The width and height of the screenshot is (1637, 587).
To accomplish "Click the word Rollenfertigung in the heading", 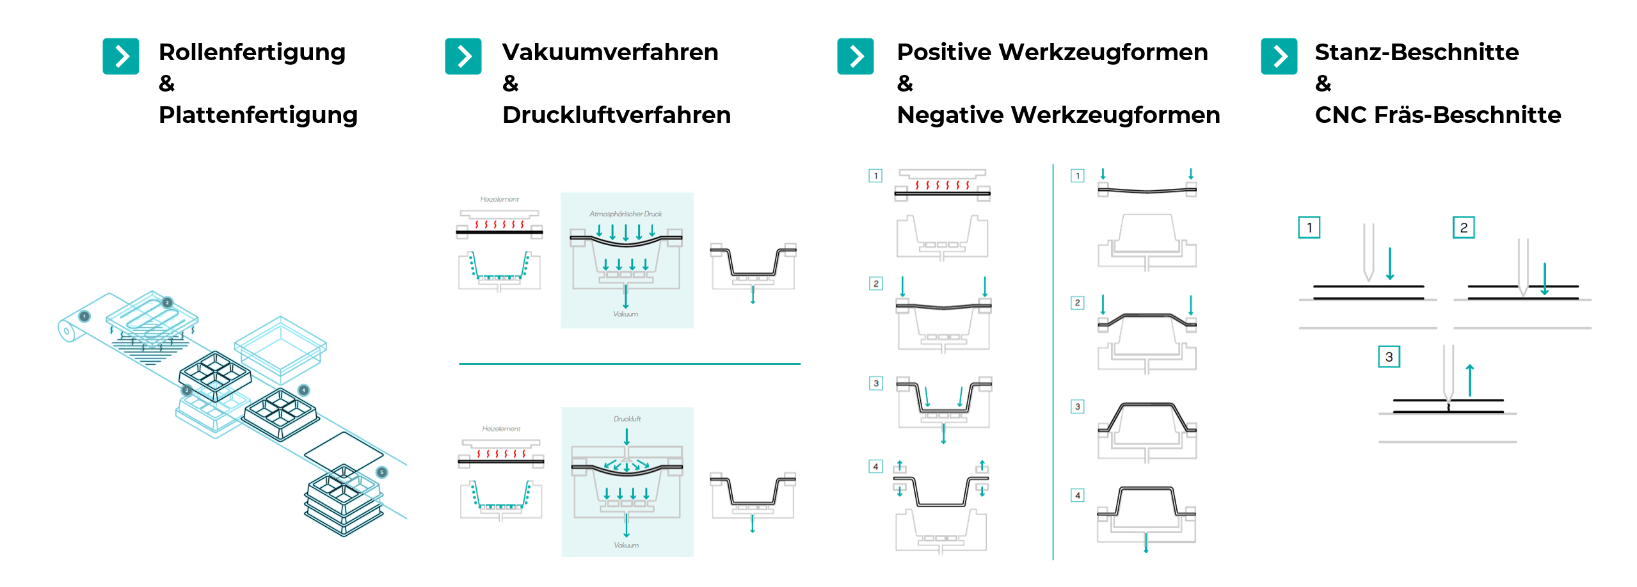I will tap(252, 52).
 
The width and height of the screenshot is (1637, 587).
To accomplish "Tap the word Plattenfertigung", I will tap(258, 115).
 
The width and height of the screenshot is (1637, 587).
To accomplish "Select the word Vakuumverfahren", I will tap(610, 52).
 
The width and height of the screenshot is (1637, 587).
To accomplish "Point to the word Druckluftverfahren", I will tap(616, 115).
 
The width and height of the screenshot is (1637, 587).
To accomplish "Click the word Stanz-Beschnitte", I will tap(1416, 52).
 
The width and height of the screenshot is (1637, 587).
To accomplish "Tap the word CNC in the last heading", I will tap(1341, 115).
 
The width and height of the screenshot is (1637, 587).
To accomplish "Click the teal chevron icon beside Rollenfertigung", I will tap(121, 56).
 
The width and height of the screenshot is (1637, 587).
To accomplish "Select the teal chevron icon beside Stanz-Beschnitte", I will tap(1279, 56).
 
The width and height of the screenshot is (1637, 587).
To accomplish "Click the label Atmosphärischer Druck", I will tap(625, 214).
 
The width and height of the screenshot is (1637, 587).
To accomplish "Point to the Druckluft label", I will tap(627, 419).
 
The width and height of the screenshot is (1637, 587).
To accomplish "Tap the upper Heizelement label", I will tap(500, 199).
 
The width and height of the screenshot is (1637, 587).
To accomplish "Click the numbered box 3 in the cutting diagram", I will tap(1389, 357).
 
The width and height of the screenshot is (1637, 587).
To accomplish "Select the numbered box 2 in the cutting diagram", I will tap(1463, 227).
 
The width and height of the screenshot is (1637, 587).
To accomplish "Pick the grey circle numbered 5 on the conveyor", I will tap(382, 472).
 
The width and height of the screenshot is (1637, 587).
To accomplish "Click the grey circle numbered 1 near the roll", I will tap(84, 316).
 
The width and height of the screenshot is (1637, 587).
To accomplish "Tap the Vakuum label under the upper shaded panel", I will tap(625, 314).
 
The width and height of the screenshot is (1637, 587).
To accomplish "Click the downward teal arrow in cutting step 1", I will tap(1390, 264).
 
